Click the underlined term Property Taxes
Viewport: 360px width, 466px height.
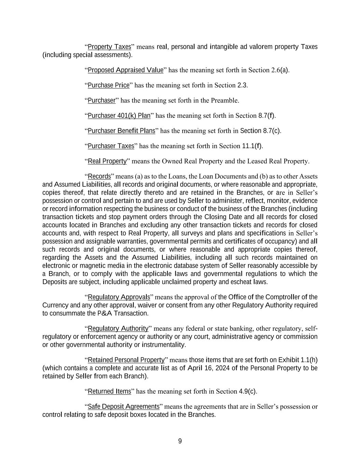click(109, 47)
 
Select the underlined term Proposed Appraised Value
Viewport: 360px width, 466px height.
click(126, 70)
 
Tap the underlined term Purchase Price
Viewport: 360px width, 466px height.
click(109, 85)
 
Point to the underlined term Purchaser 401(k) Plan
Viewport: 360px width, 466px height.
click(119, 116)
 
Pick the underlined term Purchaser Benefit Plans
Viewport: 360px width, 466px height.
click(121, 131)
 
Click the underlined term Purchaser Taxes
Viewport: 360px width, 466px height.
click(111, 146)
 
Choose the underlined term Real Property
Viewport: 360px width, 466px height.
click(107, 161)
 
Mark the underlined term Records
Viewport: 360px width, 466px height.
click(99, 176)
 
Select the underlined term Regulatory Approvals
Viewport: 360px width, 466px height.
click(119, 297)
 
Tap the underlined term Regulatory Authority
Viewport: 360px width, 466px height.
click(118, 329)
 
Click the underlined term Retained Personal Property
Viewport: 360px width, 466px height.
click(126, 360)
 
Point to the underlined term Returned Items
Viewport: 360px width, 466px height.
click(109, 392)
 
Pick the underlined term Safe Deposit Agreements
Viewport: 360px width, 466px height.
click(124, 407)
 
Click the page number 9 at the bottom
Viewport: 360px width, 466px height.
click(180, 441)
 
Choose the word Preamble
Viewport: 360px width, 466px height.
click(224, 100)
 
